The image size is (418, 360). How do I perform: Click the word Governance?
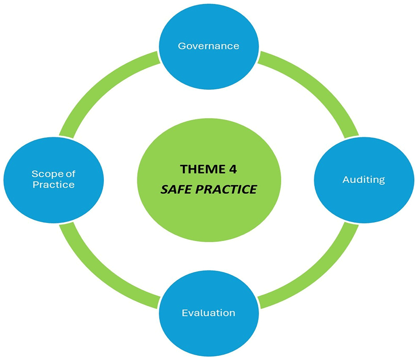pos(209,46)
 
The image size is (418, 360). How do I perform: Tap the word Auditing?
pos(363,180)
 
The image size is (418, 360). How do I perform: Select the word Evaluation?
pos(209,312)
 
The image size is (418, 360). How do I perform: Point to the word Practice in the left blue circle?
pos(54,184)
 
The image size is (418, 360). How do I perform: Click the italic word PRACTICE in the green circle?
pos(225,189)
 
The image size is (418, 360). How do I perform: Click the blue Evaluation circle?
pos(209,334)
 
